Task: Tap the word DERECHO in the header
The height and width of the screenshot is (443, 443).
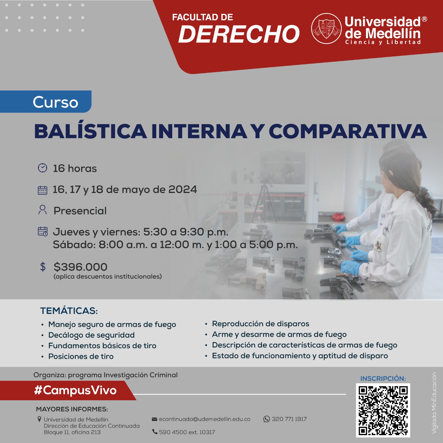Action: (x=239, y=34)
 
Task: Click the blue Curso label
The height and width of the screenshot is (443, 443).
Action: (x=46, y=102)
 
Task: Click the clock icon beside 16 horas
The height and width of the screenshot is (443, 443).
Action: (x=42, y=168)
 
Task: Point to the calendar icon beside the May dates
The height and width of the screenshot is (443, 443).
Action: (x=42, y=190)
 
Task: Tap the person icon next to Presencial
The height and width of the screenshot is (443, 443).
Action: (x=42, y=210)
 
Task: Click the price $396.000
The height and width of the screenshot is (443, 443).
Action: (x=80, y=267)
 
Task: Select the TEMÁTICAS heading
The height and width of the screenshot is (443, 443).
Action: (x=69, y=311)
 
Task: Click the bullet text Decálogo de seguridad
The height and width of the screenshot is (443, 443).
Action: (x=91, y=335)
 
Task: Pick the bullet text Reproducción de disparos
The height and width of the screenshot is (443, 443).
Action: (x=261, y=324)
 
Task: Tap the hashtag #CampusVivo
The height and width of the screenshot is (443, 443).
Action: (x=75, y=390)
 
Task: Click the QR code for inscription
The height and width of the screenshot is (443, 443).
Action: (x=383, y=410)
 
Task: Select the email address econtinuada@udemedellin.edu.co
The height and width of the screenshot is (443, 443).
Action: (x=205, y=419)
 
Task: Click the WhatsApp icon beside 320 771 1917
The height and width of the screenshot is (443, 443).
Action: (x=266, y=419)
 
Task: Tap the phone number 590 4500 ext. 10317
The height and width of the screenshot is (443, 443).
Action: (x=187, y=432)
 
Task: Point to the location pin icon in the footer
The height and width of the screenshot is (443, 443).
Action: (x=39, y=419)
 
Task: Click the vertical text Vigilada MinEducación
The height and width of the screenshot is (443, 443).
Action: (x=434, y=403)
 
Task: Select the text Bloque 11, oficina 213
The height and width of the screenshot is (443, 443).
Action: (x=72, y=432)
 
